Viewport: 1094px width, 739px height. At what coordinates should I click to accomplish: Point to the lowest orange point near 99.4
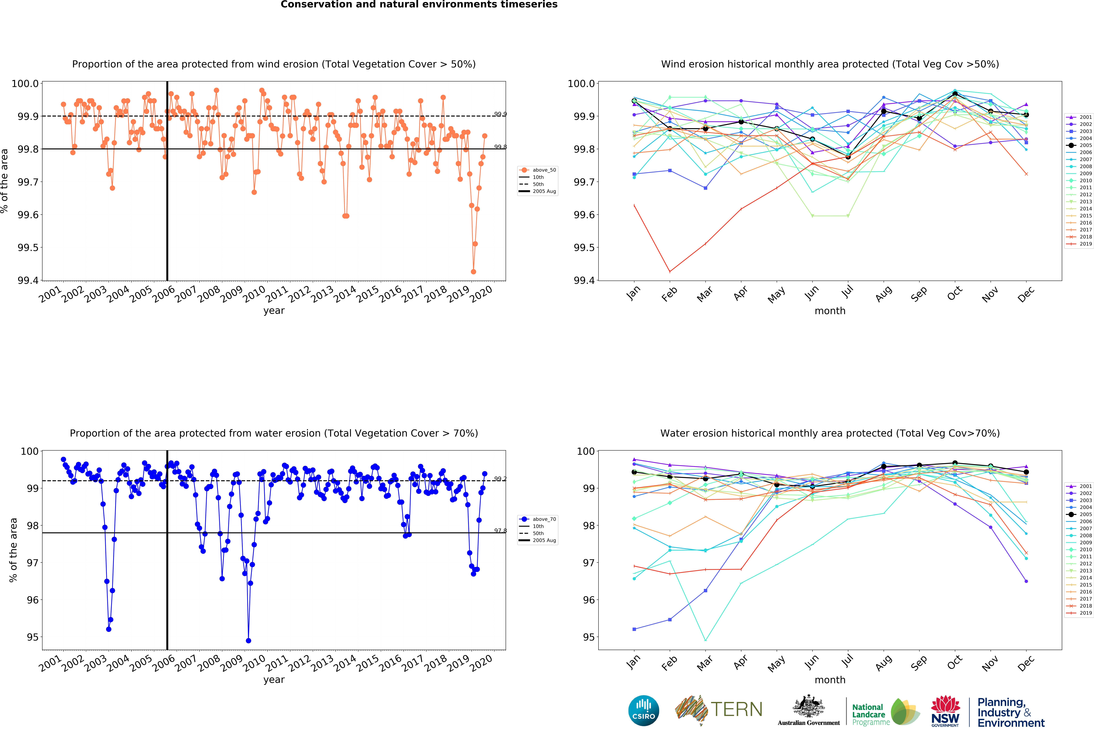click(473, 272)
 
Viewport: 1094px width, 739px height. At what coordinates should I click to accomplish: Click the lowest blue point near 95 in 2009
click(249, 641)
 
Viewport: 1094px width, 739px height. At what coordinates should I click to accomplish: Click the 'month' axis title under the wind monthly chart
click(830, 311)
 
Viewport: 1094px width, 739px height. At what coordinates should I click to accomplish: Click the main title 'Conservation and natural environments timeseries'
click(419, 5)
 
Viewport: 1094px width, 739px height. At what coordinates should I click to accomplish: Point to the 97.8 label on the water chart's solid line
click(500, 531)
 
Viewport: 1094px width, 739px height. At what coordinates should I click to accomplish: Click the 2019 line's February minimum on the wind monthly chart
click(670, 272)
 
